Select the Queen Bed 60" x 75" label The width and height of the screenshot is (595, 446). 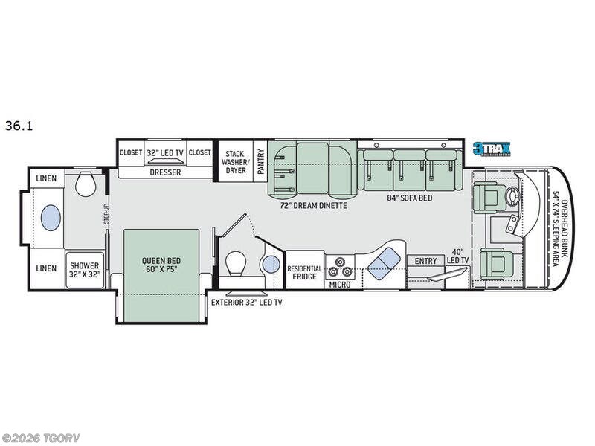(x=161, y=265)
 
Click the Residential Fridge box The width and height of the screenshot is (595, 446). (x=305, y=271)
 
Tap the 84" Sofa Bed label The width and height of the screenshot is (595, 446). (x=411, y=198)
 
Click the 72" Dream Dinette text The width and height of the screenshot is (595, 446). (x=313, y=206)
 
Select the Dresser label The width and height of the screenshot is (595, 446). (x=164, y=172)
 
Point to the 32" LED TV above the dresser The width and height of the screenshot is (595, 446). (x=164, y=152)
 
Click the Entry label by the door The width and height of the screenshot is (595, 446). (x=426, y=260)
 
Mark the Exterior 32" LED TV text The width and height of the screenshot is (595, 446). (x=246, y=303)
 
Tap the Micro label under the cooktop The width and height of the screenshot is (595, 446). (x=341, y=284)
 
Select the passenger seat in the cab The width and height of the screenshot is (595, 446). (x=493, y=262)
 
